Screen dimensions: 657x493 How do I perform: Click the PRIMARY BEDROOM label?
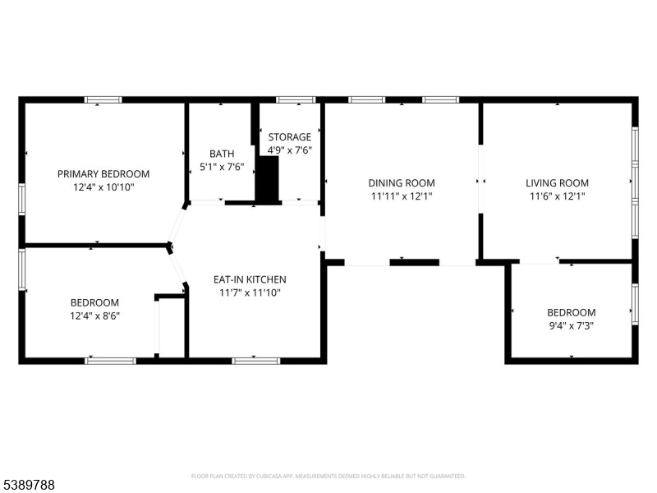tap(103, 173)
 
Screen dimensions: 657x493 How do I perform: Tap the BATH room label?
tap(222, 154)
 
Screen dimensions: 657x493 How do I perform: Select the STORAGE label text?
tap(290, 137)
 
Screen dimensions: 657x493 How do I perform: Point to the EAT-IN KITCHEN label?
tap(250, 279)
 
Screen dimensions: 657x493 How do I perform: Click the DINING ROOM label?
tap(402, 182)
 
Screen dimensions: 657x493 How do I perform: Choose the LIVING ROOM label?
tap(558, 182)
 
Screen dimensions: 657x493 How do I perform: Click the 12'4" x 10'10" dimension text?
tap(103, 187)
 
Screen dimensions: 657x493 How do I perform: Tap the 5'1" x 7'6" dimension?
tap(222, 168)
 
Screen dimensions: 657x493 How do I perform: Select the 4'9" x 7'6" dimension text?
tap(290, 150)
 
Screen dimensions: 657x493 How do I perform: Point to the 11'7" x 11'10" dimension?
tap(250, 293)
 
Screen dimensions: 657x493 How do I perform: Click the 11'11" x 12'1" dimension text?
tap(402, 196)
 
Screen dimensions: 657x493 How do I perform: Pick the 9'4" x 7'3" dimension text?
tap(572, 325)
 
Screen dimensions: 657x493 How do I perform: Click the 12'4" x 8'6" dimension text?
tap(94, 316)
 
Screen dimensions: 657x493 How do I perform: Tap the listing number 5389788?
tap(27, 485)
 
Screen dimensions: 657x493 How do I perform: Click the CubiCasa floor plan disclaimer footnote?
tap(328, 477)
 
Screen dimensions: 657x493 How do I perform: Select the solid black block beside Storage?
tap(268, 180)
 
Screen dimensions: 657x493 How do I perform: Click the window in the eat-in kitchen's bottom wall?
tap(256, 361)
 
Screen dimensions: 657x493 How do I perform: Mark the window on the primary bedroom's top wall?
tap(103, 99)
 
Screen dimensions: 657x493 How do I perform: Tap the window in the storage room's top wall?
tap(296, 99)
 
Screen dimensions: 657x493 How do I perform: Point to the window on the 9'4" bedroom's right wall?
tap(635, 304)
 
